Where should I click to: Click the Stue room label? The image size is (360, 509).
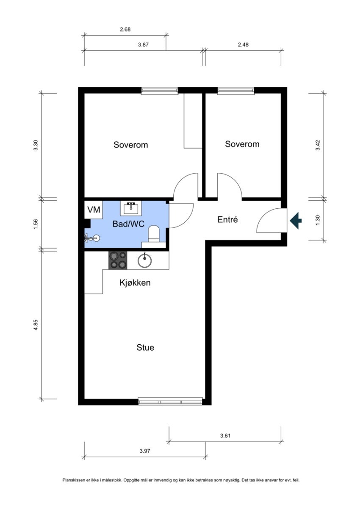pyautogui.click(x=145, y=347)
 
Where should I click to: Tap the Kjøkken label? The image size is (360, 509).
pyautogui.click(x=135, y=283)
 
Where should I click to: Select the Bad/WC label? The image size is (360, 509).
pyautogui.click(x=128, y=224)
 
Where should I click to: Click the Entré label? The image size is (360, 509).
pyautogui.click(x=227, y=219)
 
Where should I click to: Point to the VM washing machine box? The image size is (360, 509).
pyautogui.click(x=94, y=210)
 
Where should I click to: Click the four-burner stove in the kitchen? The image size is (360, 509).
pyautogui.click(x=118, y=260)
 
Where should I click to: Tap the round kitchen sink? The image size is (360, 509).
pyautogui.click(x=144, y=260)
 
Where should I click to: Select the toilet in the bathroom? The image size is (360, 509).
pyautogui.click(x=154, y=234)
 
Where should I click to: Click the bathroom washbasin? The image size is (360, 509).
pyautogui.click(x=131, y=208)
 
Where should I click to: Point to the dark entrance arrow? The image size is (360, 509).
pyautogui.click(x=296, y=220)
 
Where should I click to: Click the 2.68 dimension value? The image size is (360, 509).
pyautogui.click(x=125, y=29)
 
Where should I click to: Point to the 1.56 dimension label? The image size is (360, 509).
pyautogui.click(x=36, y=224)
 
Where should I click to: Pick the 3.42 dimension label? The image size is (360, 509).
pyautogui.click(x=318, y=145)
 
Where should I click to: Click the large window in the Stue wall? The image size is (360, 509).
pyautogui.click(x=170, y=401)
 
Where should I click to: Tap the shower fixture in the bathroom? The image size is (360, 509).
pyautogui.click(x=92, y=238)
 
